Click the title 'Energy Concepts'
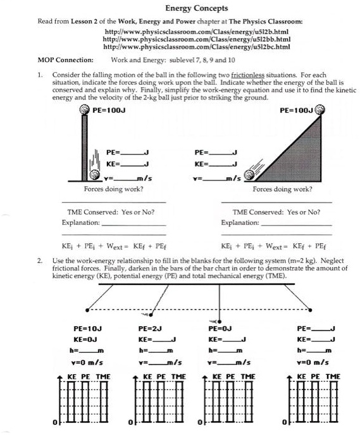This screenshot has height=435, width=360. click(197, 8)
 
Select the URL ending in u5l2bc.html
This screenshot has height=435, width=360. click(197, 47)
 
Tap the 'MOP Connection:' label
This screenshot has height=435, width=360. click(65, 60)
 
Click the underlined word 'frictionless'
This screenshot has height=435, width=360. click(247, 75)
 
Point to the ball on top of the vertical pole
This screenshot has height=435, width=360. click(84, 110)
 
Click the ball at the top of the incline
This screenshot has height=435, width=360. click(320, 110)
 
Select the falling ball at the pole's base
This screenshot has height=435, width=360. click(94, 175)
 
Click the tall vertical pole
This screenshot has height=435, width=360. click(85, 148)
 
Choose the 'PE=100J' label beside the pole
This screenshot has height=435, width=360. click(109, 110)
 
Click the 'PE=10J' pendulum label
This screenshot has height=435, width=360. click(87, 329)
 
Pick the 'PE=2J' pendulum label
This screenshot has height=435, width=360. click(150, 329)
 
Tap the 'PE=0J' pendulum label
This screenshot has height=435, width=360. click(220, 329)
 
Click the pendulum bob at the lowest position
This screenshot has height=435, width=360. click(220, 322)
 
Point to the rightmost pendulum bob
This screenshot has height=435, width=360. click(310, 310)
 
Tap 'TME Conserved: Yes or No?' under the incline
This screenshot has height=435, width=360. click(276, 212)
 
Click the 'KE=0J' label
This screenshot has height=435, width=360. click(85, 339)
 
